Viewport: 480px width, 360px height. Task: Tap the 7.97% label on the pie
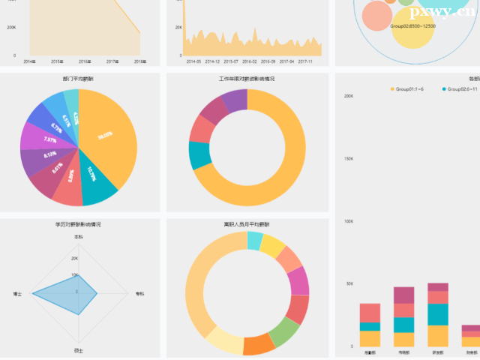50,140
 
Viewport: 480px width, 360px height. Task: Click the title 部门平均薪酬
79,78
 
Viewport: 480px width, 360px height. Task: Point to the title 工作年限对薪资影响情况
247,78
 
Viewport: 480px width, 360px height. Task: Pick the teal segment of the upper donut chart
199,154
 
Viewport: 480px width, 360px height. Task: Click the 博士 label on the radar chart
17,293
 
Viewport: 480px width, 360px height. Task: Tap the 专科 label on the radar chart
139,293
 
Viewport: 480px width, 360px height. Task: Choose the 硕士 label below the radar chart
79,350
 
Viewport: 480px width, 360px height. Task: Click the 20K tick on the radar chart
74,259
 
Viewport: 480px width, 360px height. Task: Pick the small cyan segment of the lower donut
255,241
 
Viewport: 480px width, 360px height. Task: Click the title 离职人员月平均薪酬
247,223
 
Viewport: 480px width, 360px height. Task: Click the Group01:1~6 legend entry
409,89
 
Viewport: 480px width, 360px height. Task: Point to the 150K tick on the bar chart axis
349,159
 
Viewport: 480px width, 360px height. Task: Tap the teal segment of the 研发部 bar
438,314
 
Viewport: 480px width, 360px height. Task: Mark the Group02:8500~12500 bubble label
413,26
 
